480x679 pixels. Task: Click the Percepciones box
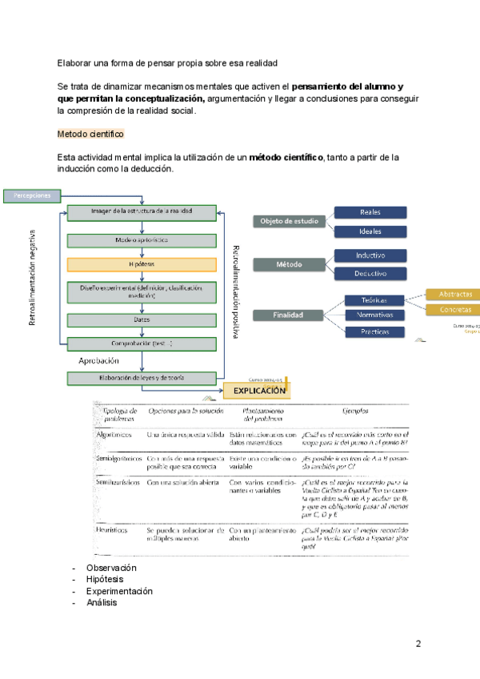(x=32, y=195)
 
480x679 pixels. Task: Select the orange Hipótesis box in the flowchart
(x=142, y=264)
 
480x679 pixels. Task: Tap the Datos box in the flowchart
(x=142, y=319)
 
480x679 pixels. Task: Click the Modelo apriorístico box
(x=142, y=239)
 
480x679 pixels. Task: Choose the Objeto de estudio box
(x=289, y=222)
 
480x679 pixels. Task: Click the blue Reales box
(x=370, y=212)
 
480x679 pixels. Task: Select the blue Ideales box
(x=370, y=231)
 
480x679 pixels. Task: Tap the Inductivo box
(x=370, y=255)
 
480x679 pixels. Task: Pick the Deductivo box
(x=370, y=273)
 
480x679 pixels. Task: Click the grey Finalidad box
(x=289, y=315)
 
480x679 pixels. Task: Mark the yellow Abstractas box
(x=454, y=294)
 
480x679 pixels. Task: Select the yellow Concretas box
(x=454, y=310)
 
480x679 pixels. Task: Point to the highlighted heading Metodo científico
(x=90, y=133)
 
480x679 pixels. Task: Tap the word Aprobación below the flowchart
(x=99, y=360)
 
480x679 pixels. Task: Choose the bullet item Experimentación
(x=119, y=591)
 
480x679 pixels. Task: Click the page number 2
(x=418, y=644)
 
